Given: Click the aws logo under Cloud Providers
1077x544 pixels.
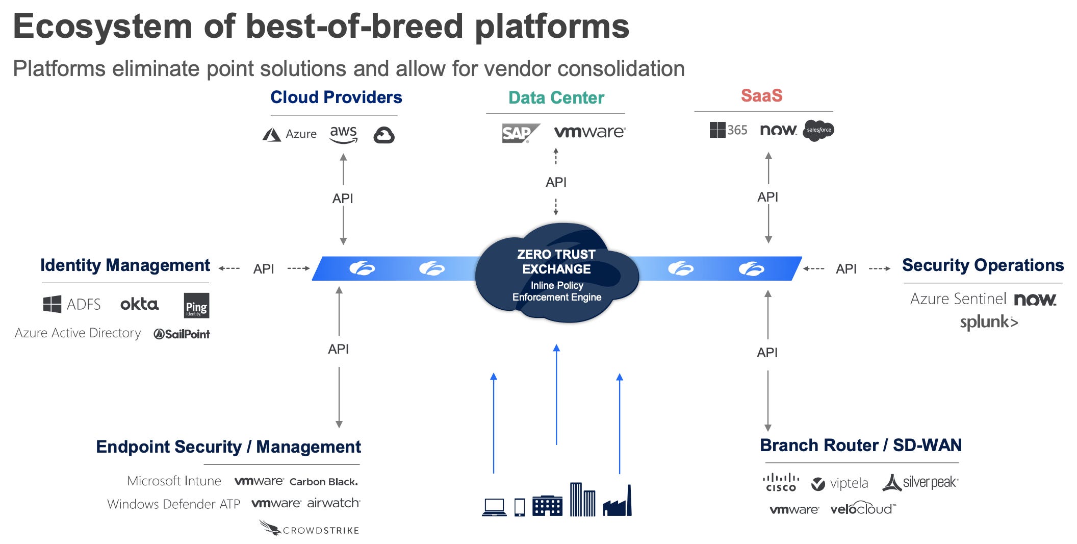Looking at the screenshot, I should pos(343,134).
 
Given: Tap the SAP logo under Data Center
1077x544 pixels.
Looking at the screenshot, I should pos(520,133).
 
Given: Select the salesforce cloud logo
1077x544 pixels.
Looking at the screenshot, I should pos(818,131).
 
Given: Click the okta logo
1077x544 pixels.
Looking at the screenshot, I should pos(139,305).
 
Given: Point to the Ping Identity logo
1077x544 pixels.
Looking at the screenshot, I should pos(196,305).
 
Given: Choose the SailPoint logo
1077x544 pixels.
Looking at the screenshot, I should pos(182,334).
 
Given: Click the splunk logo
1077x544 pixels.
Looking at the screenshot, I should pos(989,323).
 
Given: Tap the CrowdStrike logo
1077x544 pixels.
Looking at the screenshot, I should pos(310,528).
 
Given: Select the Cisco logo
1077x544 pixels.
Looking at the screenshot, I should pos(781,483).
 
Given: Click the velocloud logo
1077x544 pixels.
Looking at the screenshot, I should pos(862,509).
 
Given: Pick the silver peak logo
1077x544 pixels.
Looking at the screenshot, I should pos(920,482).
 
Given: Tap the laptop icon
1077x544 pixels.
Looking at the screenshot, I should pos(494,507).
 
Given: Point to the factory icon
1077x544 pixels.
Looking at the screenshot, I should pos(618,502).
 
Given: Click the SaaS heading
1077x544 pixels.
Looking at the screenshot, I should pos(761,95).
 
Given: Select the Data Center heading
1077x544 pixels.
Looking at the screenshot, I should pos(556,97).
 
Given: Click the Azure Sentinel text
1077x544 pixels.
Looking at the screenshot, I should pos(958,299).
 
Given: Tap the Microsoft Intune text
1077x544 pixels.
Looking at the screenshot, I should pos(174,481).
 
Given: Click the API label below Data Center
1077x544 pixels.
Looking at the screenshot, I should pos(556,182).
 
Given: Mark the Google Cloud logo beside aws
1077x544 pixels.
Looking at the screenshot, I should pos(383,135).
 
